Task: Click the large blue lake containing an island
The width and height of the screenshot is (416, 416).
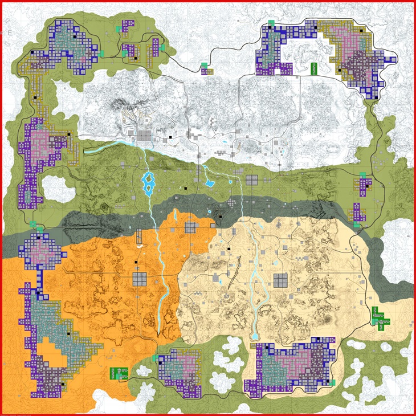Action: click(x=148, y=183)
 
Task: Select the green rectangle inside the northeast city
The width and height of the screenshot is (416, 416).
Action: click(x=313, y=68)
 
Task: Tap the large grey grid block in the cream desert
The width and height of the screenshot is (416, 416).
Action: click(x=279, y=280)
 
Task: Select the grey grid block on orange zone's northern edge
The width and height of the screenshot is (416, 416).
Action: click(x=190, y=228)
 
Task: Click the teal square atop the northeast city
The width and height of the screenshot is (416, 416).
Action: click(x=272, y=23)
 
